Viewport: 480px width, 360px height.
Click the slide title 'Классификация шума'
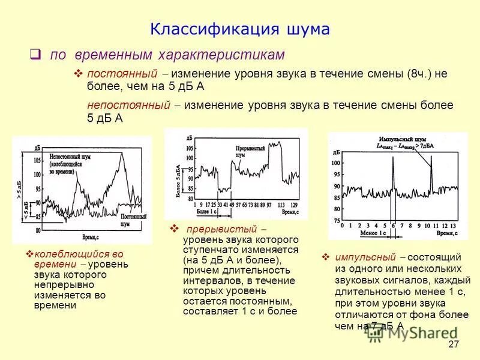[239, 29]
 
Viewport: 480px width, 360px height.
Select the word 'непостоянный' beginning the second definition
[127, 105]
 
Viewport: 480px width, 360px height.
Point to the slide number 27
[453, 344]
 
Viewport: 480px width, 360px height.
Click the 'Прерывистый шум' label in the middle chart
[247, 151]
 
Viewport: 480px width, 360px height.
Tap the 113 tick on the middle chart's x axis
[279, 205]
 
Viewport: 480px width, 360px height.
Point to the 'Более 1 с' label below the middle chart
[206, 212]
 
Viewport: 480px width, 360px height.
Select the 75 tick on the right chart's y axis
[336, 221]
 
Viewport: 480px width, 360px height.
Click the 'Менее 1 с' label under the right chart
[373, 232]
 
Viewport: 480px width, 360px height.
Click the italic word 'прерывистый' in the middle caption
[221, 230]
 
